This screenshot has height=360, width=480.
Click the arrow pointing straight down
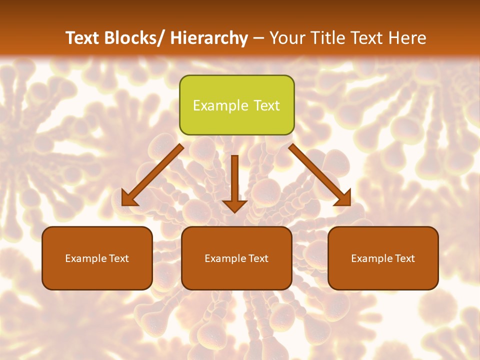(x=234, y=182)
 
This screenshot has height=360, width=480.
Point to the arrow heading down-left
(x=152, y=175)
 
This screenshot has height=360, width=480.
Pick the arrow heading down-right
(x=320, y=175)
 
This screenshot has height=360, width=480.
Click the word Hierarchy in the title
(x=208, y=38)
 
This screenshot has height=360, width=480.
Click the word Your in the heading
(x=286, y=38)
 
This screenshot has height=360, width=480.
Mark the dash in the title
(x=258, y=38)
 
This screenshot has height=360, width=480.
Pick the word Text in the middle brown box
(x=258, y=258)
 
